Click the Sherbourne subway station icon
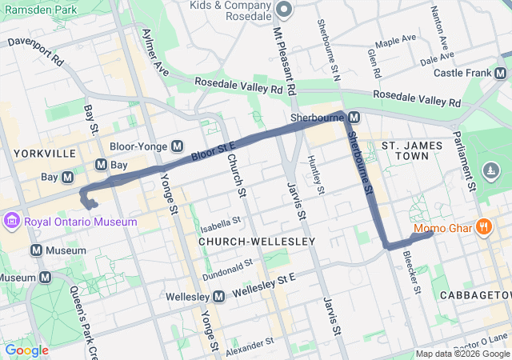(x=353, y=118)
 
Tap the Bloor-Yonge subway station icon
(x=177, y=147)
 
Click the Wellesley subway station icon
(x=218, y=297)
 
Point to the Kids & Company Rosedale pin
(x=284, y=10)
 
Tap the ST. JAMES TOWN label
(x=412, y=146)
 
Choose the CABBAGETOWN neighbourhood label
(x=475, y=295)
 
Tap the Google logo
(x=26, y=350)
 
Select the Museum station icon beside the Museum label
(x=36, y=250)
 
